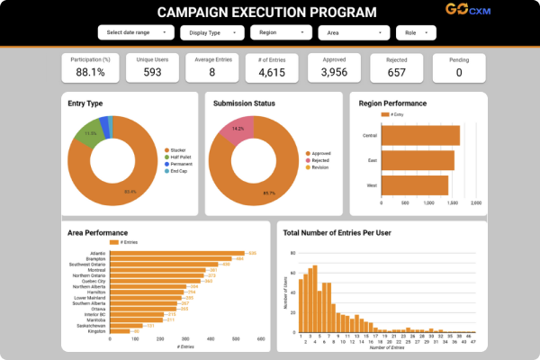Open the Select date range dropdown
134,32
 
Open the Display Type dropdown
211,32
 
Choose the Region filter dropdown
281,32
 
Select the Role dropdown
416,32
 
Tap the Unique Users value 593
151,72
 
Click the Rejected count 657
397,72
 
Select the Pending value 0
460,72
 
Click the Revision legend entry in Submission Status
320,167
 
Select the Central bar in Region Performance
420,135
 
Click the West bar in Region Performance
415,185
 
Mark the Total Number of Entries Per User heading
337,233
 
